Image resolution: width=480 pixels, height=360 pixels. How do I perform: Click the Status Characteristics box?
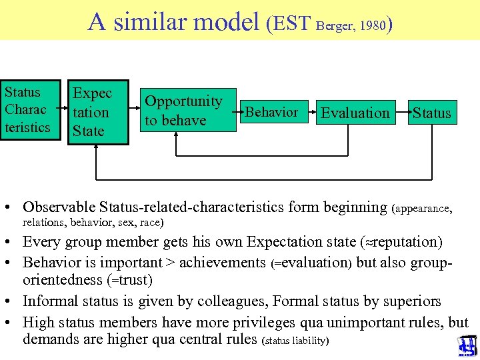pyautogui.click(x=28, y=110)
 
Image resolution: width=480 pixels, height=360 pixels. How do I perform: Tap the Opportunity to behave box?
pyautogui.click(x=184, y=111)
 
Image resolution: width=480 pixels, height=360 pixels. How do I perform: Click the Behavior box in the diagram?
pyautogui.click(x=272, y=112)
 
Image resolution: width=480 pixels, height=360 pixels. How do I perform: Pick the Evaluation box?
pyautogui.click(x=355, y=113)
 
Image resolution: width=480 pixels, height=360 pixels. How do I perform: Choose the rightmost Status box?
pyautogui.click(x=431, y=113)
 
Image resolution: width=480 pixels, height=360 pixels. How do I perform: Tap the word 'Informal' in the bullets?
pyautogui.click(x=51, y=301)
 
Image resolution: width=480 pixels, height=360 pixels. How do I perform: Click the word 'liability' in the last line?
pyautogui.click(x=307, y=341)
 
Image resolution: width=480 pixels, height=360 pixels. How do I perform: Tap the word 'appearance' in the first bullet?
pyautogui.click(x=423, y=209)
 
